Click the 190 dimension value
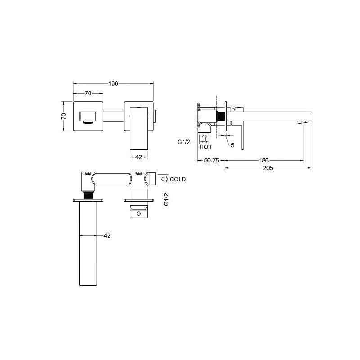(x=113, y=84)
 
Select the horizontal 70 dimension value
(x=88, y=94)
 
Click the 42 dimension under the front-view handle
(x=139, y=157)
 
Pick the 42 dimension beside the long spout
(x=107, y=236)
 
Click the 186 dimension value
(x=264, y=161)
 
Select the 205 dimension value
(x=268, y=168)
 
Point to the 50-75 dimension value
(x=211, y=161)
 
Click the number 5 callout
(x=233, y=145)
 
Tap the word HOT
(x=206, y=147)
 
